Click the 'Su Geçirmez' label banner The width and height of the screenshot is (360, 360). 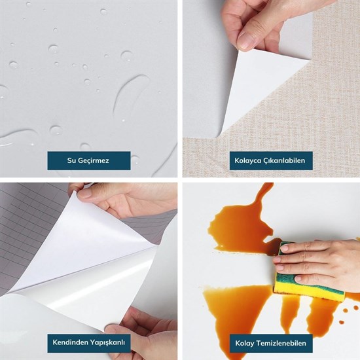click(88, 160)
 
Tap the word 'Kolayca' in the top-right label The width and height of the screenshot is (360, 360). click(250, 160)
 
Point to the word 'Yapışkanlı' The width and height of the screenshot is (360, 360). click(107, 342)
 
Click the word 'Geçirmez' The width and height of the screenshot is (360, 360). click(96, 160)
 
